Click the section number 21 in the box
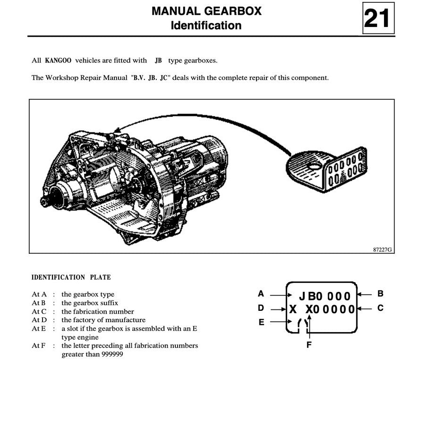(377, 18)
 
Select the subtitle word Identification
(206, 26)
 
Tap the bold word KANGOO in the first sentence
(58, 60)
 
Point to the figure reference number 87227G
(382, 249)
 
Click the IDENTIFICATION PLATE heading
(71, 277)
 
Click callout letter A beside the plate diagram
(261, 294)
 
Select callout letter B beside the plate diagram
(380, 294)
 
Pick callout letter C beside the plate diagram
(380, 308)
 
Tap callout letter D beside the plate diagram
(261, 308)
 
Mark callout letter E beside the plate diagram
(261, 323)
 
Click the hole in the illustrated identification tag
(312, 166)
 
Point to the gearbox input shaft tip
(43, 202)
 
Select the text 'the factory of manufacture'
(103, 320)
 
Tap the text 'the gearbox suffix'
(90, 303)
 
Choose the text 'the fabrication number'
(98, 311)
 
